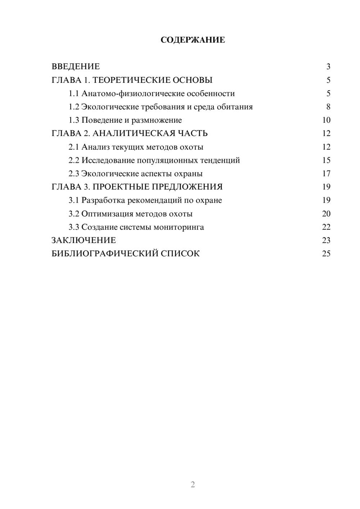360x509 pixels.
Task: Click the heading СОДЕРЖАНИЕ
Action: pos(193,40)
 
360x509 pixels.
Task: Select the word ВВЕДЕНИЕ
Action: pos(76,67)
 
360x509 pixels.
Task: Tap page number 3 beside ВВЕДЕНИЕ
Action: pos(328,67)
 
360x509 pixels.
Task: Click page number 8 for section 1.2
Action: pos(328,107)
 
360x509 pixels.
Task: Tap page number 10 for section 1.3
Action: pos(326,120)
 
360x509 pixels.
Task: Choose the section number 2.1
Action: pos(74,147)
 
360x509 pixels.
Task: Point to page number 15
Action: pos(326,160)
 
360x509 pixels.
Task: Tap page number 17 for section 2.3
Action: pos(326,174)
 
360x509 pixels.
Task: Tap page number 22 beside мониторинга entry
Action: pos(326,227)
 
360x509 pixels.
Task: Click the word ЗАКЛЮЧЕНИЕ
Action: pos(84,240)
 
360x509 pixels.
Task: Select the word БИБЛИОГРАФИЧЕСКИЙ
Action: pos(105,254)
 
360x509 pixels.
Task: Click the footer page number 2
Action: pos(193,485)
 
